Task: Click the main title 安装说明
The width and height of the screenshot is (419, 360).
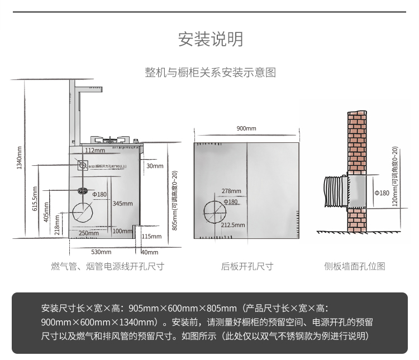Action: tap(210, 40)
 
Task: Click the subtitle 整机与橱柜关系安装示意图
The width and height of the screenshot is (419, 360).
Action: tap(210, 73)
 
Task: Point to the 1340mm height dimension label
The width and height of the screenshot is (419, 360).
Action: tap(19, 157)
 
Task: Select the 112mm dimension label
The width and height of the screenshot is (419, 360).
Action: tap(94, 150)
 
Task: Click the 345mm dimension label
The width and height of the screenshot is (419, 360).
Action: tap(122, 204)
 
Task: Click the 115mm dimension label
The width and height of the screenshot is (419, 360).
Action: tap(151, 237)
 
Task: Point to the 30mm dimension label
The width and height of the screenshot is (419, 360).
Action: tap(155, 166)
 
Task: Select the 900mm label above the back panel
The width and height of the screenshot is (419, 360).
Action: tap(246, 128)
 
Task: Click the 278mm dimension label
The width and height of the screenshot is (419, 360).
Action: tap(231, 191)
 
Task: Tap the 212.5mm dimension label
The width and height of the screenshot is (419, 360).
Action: tap(233, 225)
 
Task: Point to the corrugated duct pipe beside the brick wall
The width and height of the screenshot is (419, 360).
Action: tap(335, 193)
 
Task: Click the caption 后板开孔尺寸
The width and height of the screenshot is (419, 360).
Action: tap(246, 267)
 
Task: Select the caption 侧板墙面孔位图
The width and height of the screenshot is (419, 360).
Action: tap(355, 267)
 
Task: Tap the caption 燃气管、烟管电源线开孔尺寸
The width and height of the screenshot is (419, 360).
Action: tap(108, 267)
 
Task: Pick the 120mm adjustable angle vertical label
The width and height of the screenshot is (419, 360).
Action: tap(394, 176)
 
